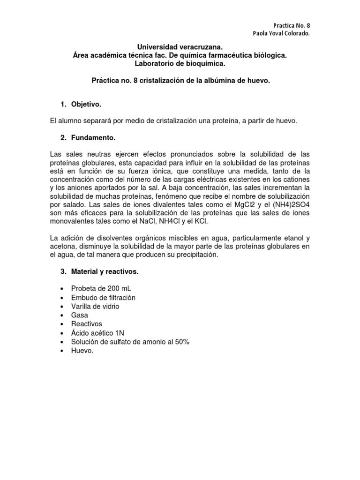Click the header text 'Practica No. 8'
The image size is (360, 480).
(x=291, y=26)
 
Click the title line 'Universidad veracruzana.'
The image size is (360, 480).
(x=180, y=47)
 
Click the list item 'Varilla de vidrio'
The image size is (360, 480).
(x=95, y=306)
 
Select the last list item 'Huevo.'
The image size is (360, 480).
(x=82, y=350)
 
